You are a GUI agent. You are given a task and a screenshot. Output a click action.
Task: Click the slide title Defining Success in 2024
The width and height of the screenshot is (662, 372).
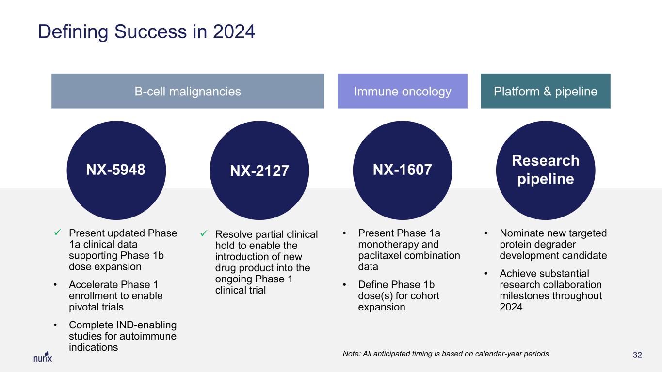point(146,31)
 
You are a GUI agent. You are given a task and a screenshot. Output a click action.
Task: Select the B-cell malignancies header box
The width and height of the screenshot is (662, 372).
point(188,91)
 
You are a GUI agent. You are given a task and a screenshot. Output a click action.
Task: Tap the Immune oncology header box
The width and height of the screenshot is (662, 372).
point(402,91)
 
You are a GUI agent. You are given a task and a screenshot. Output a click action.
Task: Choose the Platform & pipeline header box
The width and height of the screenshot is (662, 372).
point(545,91)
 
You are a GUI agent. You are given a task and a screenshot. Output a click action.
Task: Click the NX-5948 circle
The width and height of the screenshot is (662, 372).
point(116,170)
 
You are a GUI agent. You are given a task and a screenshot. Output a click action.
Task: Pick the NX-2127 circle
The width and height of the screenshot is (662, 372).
point(259,170)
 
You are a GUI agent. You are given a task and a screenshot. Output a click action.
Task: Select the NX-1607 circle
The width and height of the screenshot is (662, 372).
point(402,170)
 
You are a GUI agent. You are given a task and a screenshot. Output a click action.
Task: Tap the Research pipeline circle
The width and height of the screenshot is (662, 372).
point(545,170)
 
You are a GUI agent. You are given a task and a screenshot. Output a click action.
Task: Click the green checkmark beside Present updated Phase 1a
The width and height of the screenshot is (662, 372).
point(58,232)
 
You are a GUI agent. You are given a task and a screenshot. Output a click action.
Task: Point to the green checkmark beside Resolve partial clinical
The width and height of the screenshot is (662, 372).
point(204,233)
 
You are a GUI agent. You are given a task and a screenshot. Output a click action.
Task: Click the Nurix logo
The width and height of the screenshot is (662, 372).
point(43,357)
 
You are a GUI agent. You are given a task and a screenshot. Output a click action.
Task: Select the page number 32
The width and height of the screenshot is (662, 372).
point(637,355)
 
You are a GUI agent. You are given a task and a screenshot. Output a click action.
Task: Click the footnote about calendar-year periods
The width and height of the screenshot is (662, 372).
point(446,354)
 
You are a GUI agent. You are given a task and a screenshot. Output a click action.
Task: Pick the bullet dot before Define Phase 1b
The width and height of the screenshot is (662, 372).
point(344,285)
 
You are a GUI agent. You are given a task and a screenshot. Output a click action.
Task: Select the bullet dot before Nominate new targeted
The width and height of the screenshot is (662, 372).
point(486,233)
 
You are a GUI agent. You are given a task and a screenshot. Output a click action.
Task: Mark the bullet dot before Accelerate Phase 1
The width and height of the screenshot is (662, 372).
point(55,285)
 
